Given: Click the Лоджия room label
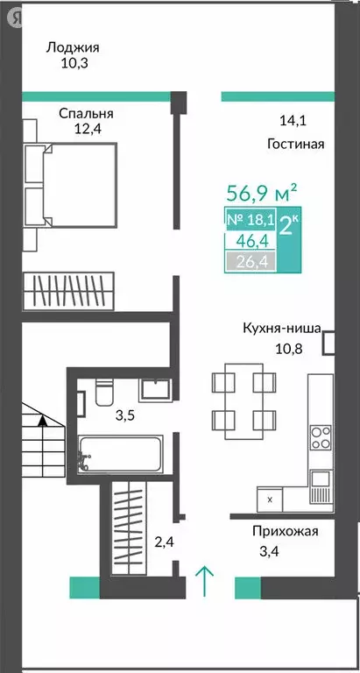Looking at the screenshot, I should pyautogui.click(x=73, y=48).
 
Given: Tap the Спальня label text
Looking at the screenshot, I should pyautogui.click(x=87, y=114).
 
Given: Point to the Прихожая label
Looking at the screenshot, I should pyautogui.click(x=285, y=530).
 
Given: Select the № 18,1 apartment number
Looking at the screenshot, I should pyautogui.click(x=250, y=219).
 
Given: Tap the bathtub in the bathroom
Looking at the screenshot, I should pyautogui.click(x=122, y=453).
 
